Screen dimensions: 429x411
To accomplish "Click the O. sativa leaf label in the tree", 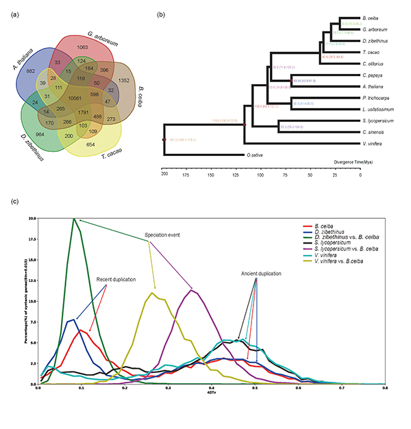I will point(253,156).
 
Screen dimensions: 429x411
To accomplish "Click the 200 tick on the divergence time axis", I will point(164,176).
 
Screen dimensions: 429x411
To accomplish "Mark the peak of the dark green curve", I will point(74,219).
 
